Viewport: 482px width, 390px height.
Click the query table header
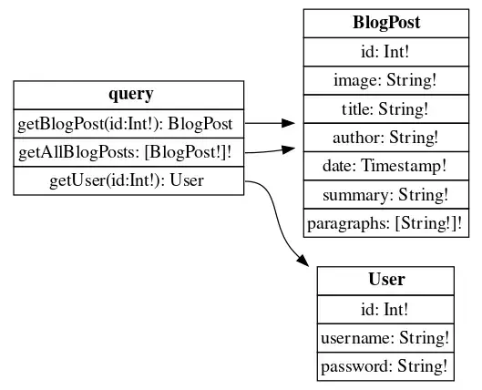pos(128,95)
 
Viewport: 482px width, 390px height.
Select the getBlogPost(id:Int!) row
pos(128,124)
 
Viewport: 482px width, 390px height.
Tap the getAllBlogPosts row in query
pos(128,152)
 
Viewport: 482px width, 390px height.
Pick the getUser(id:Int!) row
pos(128,180)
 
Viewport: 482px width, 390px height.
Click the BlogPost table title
pos(386,24)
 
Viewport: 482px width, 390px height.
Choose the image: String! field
pos(386,80)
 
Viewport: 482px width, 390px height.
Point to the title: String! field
pos(386,109)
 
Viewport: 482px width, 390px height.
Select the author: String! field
pos(386,138)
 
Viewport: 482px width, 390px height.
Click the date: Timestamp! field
pos(386,166)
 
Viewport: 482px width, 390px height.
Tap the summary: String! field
pos(386,194)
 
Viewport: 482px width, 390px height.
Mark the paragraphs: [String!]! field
pos(386,223)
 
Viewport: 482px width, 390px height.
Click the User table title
pos(385,281)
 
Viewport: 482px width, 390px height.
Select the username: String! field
pos(385,338)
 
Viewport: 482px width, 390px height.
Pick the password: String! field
pos(385,366)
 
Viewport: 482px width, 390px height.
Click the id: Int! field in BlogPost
pos(386,52)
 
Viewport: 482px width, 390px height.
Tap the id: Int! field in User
pos(385,310)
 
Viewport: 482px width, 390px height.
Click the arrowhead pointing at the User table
pos(303,261)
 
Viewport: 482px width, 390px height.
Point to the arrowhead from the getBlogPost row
pos(288,123)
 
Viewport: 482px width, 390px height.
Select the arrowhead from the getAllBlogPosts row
pos(288,149)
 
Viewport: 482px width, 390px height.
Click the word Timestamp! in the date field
pos(404,166)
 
